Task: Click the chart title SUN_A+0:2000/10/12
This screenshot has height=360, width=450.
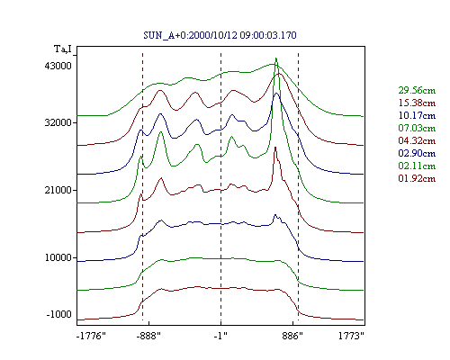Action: [190, 35]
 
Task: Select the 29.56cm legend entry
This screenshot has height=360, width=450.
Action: [417, 90]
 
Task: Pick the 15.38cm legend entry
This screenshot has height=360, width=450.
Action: [417, 103]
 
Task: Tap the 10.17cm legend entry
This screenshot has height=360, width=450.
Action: [417, 115]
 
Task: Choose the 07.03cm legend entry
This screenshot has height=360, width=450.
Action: [417, 128]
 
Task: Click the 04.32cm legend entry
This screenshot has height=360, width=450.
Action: [417, 140]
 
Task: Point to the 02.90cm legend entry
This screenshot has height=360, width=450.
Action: [417, 153]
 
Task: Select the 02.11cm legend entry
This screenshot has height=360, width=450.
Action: [417, 166]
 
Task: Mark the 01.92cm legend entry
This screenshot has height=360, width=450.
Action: [417, 178]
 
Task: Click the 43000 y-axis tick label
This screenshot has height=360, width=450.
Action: [58, 66]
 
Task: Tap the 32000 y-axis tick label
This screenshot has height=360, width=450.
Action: [58, 122]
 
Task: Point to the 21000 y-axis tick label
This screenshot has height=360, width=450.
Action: [58, 190]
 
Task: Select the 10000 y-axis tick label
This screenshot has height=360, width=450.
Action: [58, 257]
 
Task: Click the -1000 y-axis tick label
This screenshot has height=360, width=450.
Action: [59, 314]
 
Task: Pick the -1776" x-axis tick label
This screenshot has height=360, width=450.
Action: [91, 336]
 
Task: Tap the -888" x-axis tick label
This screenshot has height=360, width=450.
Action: [148, 336]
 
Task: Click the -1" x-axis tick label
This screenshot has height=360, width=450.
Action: [220, 336]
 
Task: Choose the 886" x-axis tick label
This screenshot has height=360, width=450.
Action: [292, 336]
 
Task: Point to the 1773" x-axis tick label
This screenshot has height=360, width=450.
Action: [351, 336]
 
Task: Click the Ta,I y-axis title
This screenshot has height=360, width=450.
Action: [63, 49]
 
